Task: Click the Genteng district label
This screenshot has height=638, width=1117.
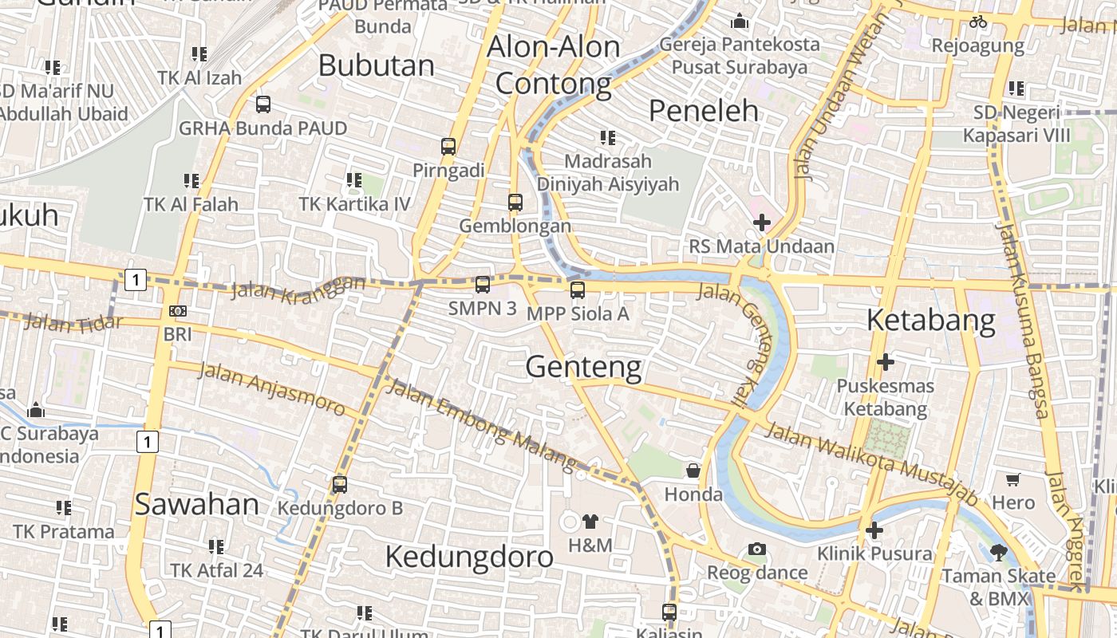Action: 583,367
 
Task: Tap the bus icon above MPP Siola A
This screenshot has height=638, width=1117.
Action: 578,290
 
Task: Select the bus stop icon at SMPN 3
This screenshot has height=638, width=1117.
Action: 483,285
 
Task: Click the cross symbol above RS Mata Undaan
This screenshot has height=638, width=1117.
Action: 762,223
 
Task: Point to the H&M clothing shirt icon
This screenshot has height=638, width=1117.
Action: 590,522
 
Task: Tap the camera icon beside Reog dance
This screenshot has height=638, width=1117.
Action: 757,549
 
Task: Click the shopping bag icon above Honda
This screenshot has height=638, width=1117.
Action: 693,471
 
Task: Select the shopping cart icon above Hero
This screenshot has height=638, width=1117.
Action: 1012,479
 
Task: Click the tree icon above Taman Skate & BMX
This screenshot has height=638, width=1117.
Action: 998,552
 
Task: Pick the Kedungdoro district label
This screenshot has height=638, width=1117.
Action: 469,557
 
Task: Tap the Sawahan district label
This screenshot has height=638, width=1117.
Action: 196,504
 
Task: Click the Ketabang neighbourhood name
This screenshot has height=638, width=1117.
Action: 931,321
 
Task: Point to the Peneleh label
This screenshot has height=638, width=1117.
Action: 703,111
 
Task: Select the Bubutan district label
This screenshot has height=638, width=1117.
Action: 377,65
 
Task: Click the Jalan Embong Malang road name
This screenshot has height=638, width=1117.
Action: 480,424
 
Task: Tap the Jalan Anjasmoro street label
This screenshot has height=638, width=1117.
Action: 271,389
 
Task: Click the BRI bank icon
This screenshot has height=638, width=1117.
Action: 178,311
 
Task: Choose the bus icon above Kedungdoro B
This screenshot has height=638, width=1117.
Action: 340,484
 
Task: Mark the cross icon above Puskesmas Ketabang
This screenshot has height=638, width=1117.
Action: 885,362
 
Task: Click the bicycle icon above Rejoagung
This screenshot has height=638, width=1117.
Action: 978,22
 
